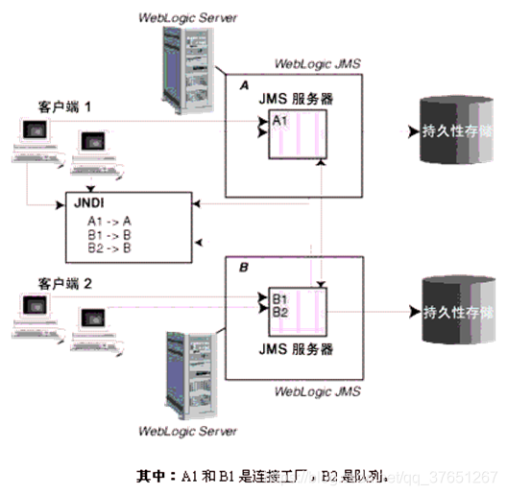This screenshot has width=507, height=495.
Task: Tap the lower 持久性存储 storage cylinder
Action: click(x=450, y=313)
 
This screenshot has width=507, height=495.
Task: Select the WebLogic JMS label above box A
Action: click(x=317, y=64)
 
